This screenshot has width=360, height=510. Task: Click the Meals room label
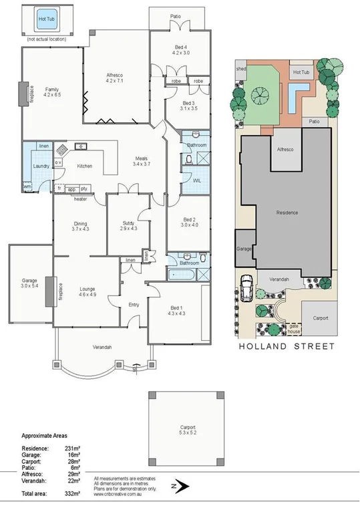pos(142,160)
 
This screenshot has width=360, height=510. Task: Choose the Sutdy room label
pos(129,226)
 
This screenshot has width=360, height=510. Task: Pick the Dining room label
pos(80,226)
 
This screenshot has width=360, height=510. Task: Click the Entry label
pos(134,305)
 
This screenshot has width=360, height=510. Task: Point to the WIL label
pos(198,180)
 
